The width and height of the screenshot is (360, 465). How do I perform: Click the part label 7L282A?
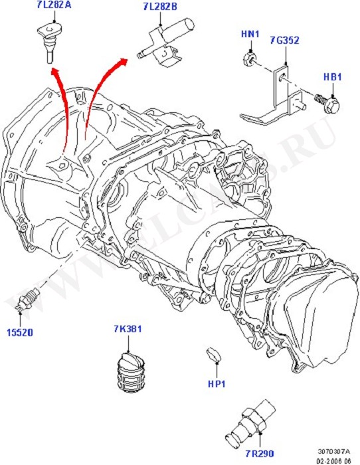(x=53, y=8)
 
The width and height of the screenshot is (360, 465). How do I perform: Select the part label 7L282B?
(x=159, y=8)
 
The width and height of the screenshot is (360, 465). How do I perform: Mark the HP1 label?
(x=215, y=383)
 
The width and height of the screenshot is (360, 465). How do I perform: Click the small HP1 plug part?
(x=214, y=354)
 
